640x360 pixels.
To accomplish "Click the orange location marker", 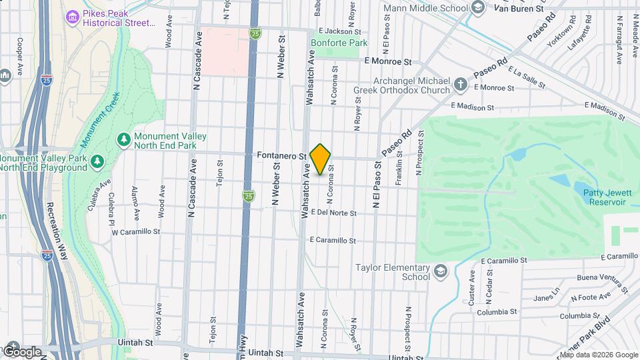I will click(321, 159).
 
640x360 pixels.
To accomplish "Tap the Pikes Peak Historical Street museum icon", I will click(72, 16).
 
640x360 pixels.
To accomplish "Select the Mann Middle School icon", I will click(477, 7).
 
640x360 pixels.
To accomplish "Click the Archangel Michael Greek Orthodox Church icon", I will click(460, 85).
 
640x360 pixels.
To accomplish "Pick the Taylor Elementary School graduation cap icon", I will click(440, 271).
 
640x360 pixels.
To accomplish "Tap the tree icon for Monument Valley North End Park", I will click(123, 139).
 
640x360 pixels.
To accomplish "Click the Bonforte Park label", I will click(339, 43).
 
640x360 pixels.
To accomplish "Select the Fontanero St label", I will click(281, 155).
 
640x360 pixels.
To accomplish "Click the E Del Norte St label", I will click(333, 213).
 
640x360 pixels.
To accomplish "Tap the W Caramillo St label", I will click(136, 233).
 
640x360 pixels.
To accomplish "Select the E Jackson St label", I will click(339, 31).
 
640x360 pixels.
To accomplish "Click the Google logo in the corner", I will click(22, 351).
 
